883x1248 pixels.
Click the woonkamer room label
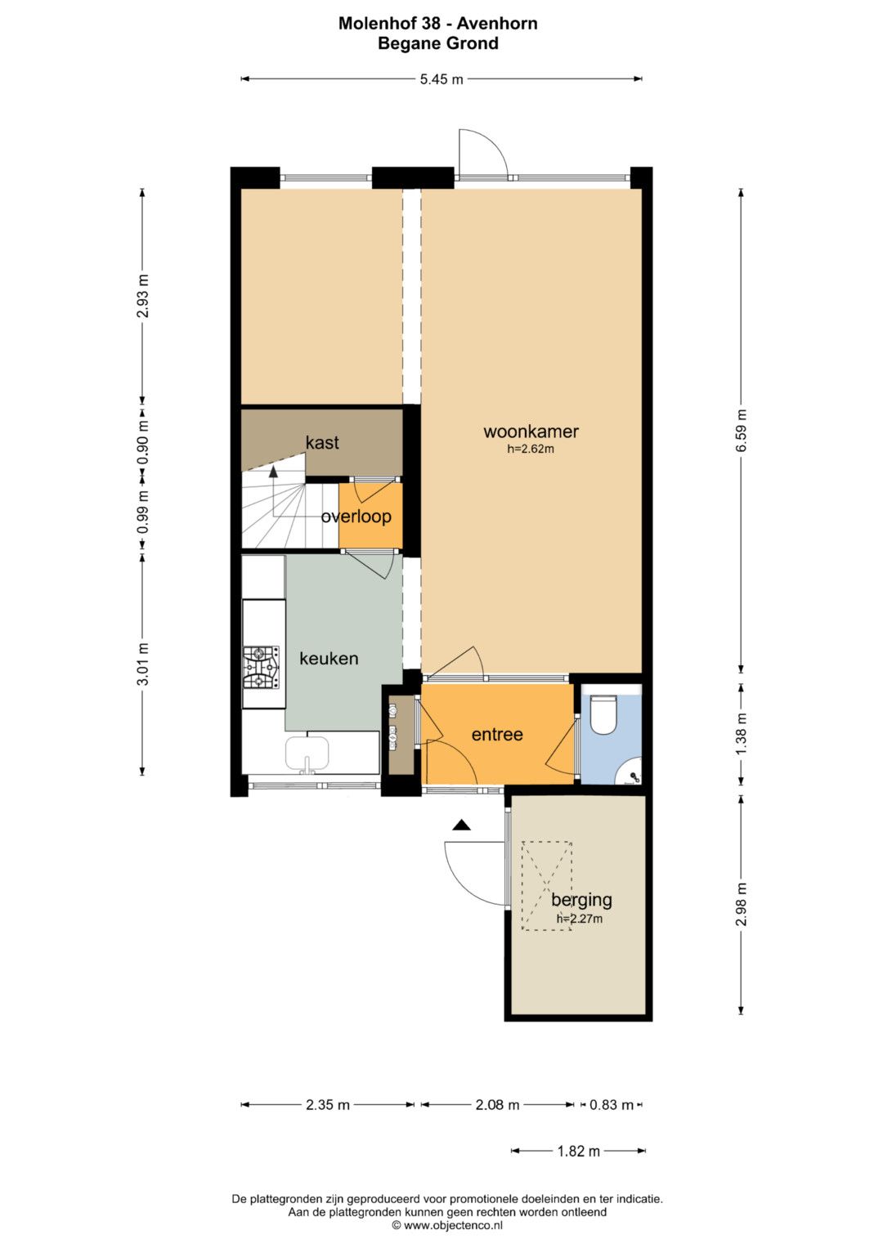pyautogui.click(x=531, y=432)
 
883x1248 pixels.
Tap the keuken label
pyautogui.click(x=329, y=659)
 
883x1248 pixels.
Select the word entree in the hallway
pyautogui.click(x=497, y=734)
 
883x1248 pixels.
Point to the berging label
pyautogui.click(x=581, y=900)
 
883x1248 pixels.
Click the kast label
pyautogui.click(x=322, y=442)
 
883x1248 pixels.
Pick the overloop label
pyautogui.click(x=356, y=517)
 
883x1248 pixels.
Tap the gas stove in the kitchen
pyautogui.click(x=260, y=668)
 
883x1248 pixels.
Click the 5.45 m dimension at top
pyautogui.click(x=441, y=79)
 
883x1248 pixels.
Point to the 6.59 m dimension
pyautogui.click(x=741, y=431)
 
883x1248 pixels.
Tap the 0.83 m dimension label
pyautogui.click(x=612, y=1104)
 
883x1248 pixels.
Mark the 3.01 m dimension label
pyautogui.click(x=143, y=664)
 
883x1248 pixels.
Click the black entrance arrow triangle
pyautogui.click(x=461, y=825)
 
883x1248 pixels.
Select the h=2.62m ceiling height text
pyautogui.click(x=531, y=449)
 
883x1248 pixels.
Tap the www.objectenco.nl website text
pyautogui.click(x=453, y=1225)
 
